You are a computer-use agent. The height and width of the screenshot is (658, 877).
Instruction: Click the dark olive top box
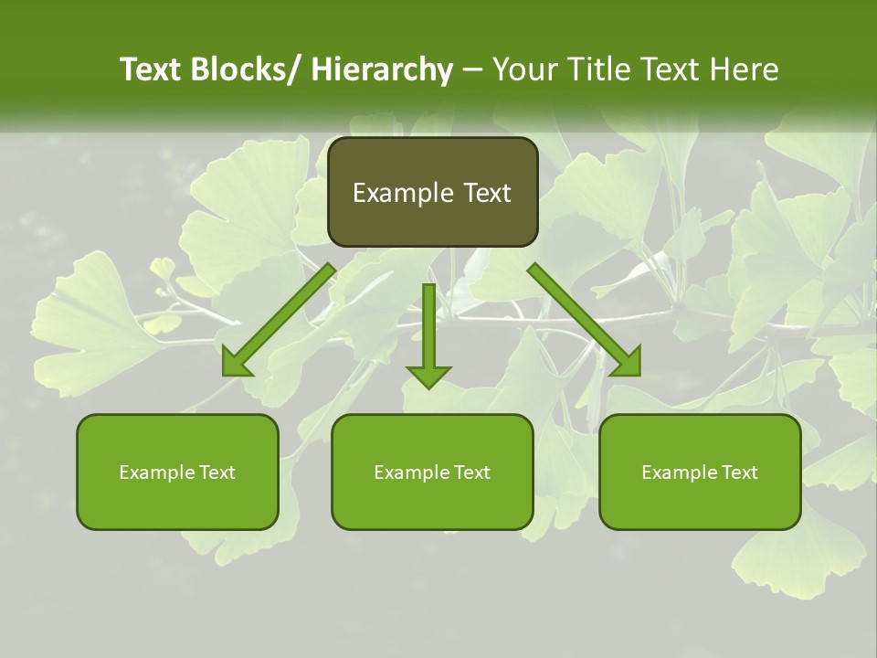[432, 192]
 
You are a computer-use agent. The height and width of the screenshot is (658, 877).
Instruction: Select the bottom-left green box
[177, 472]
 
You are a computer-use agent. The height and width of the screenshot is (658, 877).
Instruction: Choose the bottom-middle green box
[432, 472]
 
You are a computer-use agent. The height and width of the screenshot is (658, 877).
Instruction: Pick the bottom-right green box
[700, 472]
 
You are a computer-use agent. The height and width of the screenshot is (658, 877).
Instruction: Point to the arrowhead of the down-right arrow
[628, 363]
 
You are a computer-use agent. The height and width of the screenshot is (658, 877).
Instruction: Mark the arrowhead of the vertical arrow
[428, 375]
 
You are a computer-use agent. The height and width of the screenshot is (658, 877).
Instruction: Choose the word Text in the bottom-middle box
[470, 472]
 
